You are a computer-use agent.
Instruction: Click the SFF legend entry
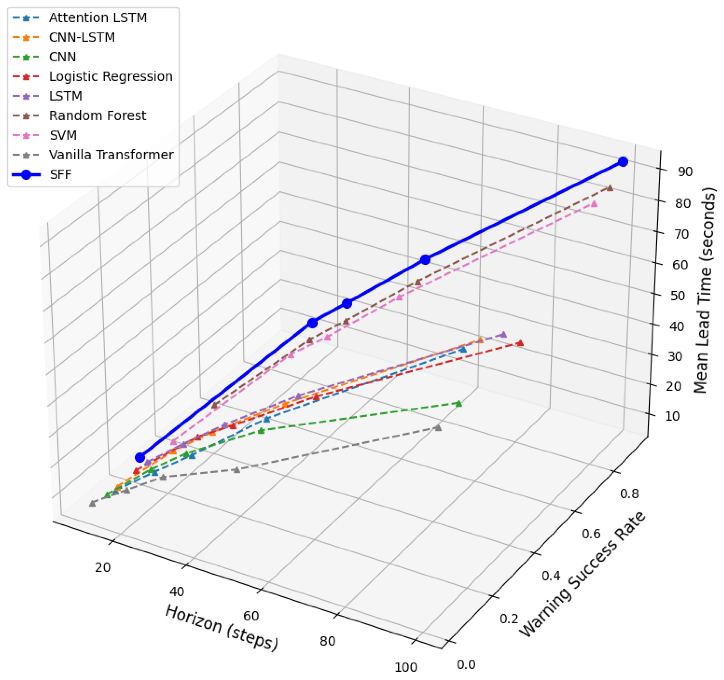61,174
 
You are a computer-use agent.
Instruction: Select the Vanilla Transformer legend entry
111,155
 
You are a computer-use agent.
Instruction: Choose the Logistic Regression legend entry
111,76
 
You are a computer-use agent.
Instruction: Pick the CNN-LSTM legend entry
82,37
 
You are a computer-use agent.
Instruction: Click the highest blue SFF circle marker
623,162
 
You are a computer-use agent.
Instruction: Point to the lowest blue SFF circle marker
140,458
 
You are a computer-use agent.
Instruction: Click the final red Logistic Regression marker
520,343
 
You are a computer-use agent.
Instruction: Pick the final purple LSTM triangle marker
504,335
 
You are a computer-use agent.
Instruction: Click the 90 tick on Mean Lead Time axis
685,172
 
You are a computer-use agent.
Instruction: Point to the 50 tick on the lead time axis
677,296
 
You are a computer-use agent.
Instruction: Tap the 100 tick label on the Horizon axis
406,668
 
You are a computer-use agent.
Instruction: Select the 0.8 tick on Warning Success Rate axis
629,494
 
